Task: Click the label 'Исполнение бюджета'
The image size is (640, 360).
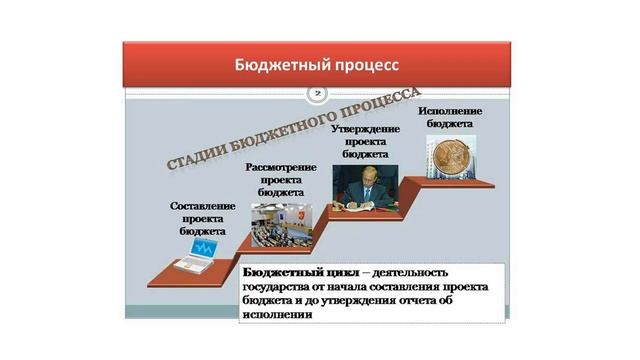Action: coord(450,116)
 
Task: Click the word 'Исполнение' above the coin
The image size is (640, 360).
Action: coord(450,109)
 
